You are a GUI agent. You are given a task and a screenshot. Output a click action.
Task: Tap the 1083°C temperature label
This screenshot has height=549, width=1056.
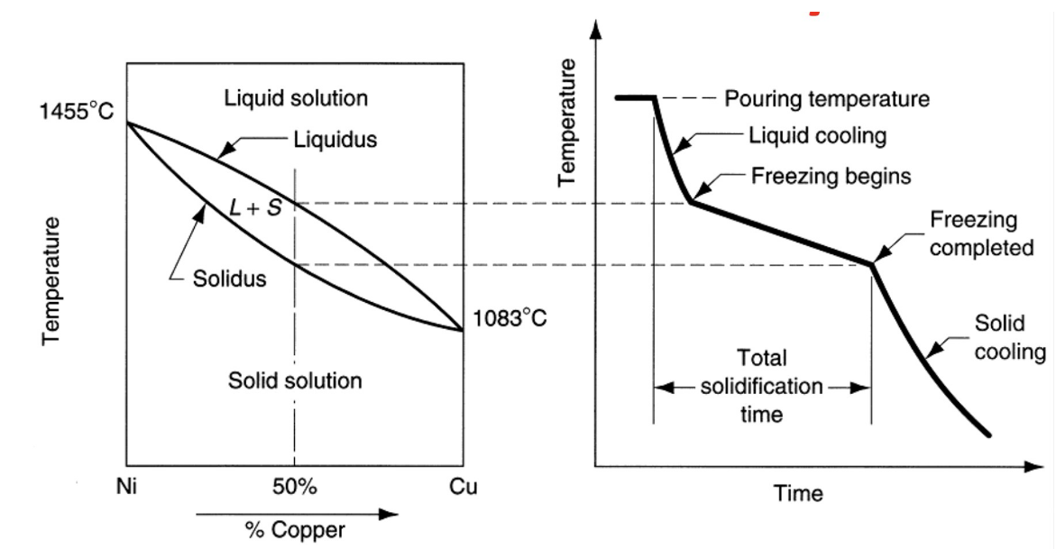pos(510,318)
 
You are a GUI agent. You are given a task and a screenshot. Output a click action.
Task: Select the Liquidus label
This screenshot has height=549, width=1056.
pos(335,140)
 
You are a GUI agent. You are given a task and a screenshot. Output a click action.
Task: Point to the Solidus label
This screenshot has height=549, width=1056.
pos(230,278)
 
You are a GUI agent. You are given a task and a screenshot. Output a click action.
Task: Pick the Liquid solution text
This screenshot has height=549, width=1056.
pos(296,97)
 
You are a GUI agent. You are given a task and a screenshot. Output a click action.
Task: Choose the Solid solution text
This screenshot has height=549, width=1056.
pos(295,380)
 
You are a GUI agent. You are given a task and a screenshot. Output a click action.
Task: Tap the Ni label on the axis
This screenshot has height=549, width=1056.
pos(128,488)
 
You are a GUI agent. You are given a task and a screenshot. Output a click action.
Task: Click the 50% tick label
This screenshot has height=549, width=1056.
pos(295,488)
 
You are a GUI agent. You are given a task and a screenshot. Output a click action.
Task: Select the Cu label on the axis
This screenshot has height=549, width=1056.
pos(463,488)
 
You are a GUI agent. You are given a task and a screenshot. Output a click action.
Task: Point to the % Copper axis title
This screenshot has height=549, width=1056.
pos(295,530)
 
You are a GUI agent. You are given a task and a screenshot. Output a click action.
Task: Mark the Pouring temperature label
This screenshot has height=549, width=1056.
pos(827,98)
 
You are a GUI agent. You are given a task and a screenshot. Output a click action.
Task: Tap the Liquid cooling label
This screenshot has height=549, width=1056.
pos(818,136)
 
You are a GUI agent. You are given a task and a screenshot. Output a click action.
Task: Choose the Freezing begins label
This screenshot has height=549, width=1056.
pos(831,176)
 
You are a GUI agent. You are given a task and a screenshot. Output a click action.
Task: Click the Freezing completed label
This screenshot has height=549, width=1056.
pos(981,233)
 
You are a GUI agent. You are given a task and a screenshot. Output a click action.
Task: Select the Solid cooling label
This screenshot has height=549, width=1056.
pos(1010,338)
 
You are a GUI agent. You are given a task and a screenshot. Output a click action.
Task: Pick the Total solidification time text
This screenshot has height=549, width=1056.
pos(762,386)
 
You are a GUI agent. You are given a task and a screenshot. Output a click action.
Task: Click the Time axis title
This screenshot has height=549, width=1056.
pos(797,493)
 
